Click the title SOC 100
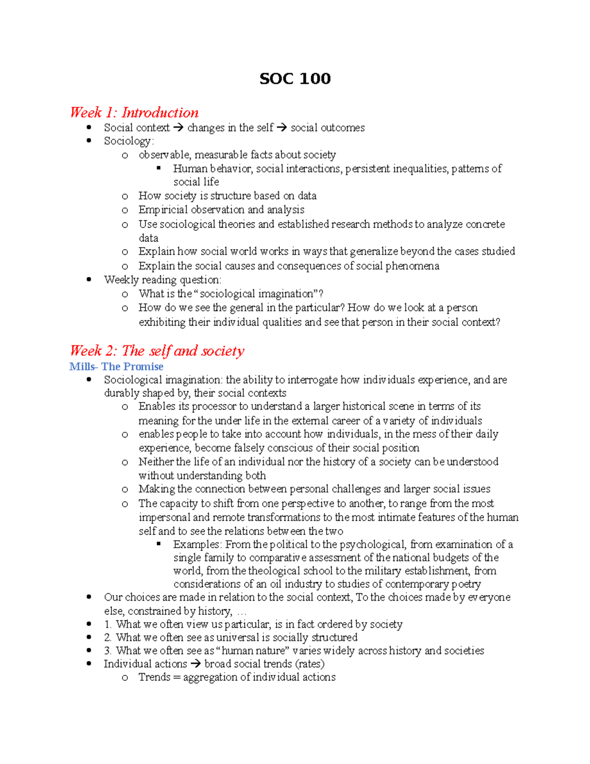[x=295, y=79]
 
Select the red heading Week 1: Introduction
[x=134, y=113]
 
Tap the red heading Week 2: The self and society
[x=157, y=351]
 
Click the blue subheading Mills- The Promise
[x=116, y=367]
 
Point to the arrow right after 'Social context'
[x=178, y=128]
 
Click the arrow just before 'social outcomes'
[x=282, y=128]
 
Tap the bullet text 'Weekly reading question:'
[x=163, y=280]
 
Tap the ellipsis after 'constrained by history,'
[x=241, y=611]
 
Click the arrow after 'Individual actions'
[x=196, y=664]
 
